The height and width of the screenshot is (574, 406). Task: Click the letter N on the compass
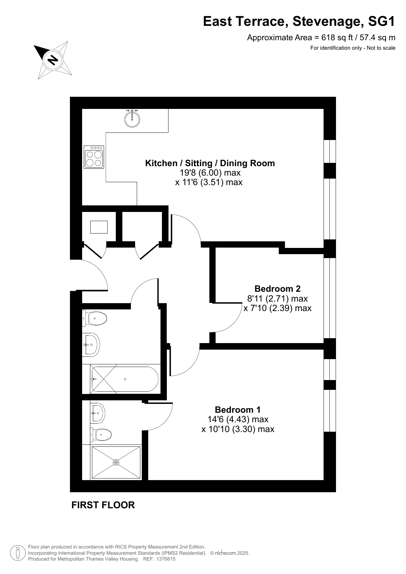[53, 60]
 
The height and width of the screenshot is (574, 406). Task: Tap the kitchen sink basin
[132, 119]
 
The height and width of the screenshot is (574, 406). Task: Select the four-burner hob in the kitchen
[94, 157]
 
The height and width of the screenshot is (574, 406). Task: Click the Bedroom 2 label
[277, 289]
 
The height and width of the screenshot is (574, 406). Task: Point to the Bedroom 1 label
[238, 410]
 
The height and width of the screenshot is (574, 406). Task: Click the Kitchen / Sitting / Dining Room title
[210, 163]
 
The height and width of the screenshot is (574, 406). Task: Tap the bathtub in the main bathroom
[125, 379]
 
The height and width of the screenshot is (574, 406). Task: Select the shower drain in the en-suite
[116, 462]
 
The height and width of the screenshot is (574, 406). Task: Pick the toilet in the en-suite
[101, 435]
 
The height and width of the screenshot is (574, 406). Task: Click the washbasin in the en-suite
[97, 413]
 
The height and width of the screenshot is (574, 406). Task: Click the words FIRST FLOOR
[103, 505]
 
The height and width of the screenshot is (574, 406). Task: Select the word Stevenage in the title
[328, 22]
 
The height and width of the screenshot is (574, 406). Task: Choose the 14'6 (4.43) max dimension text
[238, 419]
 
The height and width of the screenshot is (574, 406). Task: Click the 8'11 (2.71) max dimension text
[277, 298]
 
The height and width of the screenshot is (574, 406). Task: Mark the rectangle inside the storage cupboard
[99, 227]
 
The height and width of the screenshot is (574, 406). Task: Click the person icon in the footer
[18, 553]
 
